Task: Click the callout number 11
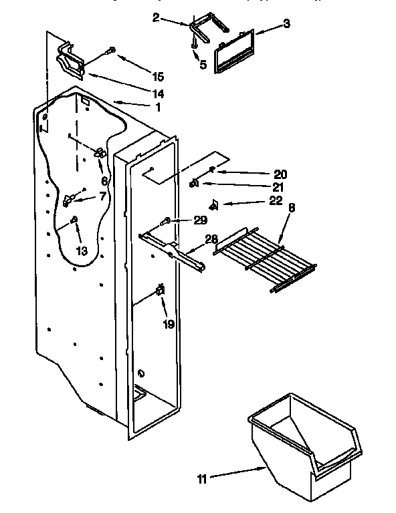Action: click(202, 479)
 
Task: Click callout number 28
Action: click(211, 239)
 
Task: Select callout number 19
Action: click(169, 325)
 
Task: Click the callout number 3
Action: click(286, 25)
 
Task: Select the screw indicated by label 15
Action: click(111, 50)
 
